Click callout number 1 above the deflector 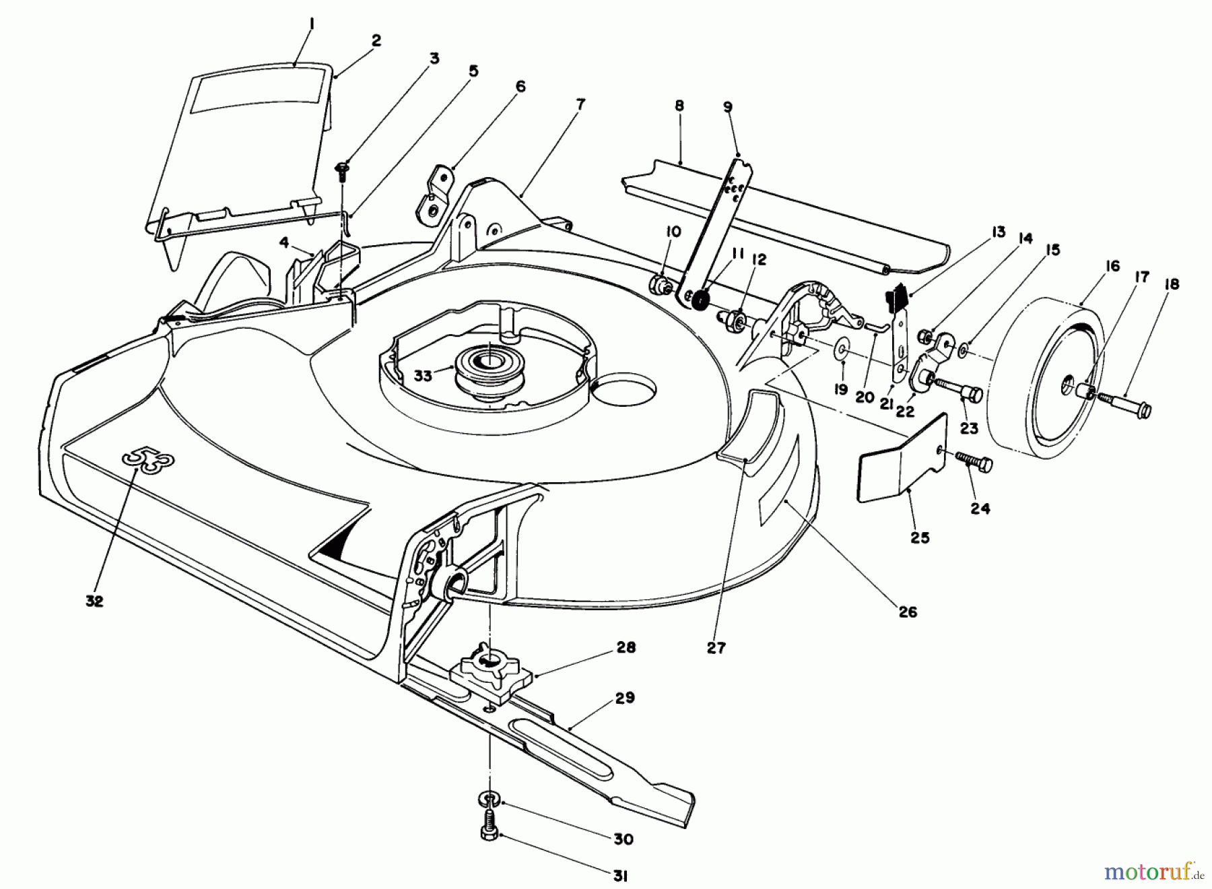coord(293,24)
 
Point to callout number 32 coord(94,601)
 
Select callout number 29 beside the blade coord(625,698)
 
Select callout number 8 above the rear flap coord(679,106)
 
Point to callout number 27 coord(716,647)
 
